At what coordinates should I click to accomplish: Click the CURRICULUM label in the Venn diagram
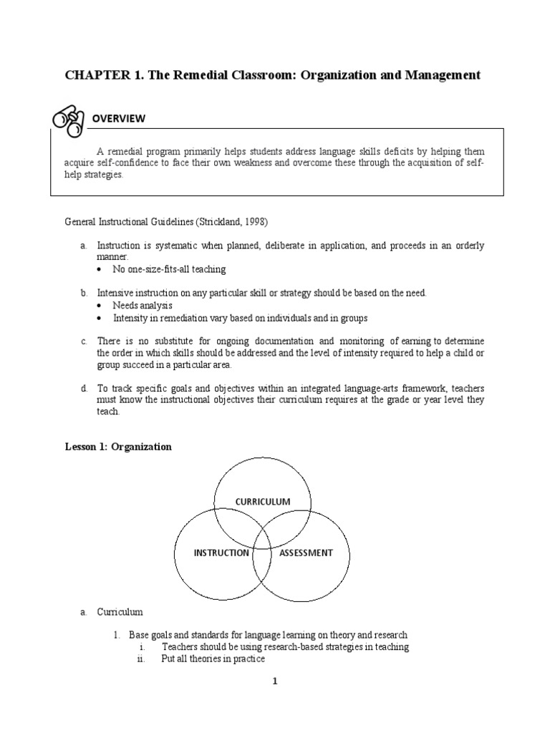click(262, 501)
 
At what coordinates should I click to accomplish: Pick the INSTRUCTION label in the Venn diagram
click(221, 553)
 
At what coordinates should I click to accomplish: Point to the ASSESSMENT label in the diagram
click(306, 553)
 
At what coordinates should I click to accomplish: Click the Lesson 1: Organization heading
click(118, 447)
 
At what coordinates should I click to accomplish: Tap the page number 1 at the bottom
click(274, 681)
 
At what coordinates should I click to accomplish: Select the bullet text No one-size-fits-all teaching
click(169, 269)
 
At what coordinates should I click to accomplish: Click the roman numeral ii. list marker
click(141, 659)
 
